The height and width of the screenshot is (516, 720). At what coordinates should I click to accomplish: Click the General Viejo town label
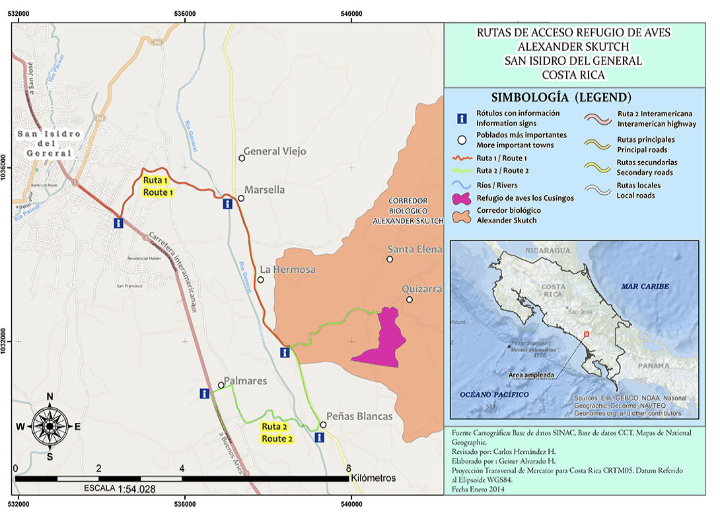275,151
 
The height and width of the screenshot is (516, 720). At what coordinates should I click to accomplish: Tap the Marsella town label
264,190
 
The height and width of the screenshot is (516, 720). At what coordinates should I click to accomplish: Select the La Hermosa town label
287,270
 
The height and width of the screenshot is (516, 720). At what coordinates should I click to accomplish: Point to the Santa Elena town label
414,249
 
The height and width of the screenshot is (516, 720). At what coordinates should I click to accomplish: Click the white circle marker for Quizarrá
410,300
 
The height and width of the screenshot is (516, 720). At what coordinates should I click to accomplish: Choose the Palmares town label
245,381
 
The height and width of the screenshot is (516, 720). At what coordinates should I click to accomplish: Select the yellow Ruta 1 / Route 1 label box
157,186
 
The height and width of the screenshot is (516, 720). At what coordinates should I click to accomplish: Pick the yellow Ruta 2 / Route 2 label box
274,433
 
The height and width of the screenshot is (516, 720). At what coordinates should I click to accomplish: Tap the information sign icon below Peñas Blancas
320,437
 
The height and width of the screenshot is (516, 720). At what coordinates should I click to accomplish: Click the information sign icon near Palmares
205,394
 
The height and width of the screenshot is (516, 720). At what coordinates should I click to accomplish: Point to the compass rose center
50,426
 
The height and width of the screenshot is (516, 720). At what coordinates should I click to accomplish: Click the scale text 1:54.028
136,490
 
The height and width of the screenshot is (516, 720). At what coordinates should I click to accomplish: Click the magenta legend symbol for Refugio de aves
462,198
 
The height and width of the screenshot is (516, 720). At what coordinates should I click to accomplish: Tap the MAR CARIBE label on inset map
645,286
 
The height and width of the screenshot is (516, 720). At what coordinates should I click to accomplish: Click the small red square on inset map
587,334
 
